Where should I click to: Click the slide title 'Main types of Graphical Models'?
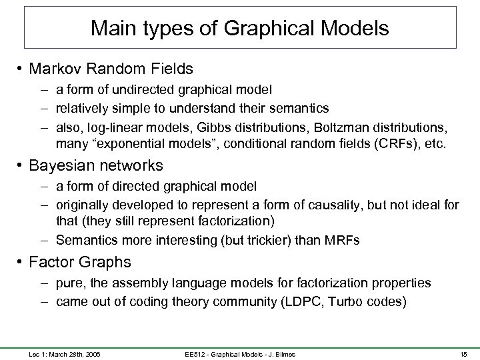click(x=240, y=29)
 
